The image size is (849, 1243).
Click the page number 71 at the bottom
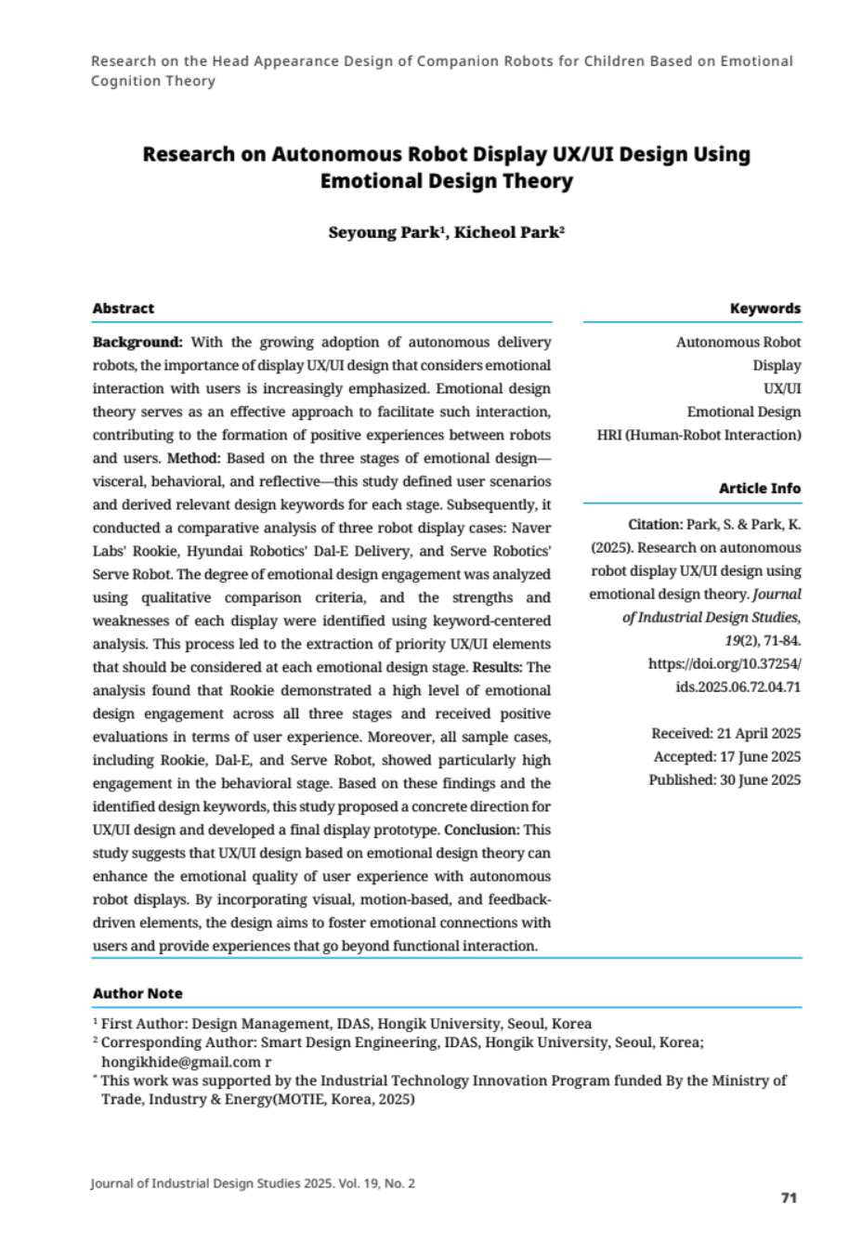click(x=789, y=1197)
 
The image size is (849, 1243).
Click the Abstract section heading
click(x=123, y=308)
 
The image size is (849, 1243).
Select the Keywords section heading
click(x=764, y=308)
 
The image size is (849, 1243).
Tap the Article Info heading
click(x=759, y=488)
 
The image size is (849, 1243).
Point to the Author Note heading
click(x=137, y=993)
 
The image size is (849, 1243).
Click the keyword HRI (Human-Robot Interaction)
click(x=699, y=435)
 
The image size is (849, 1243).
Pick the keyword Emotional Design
click(x=743, y=412)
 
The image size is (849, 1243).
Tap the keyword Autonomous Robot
click(x=738, y=342)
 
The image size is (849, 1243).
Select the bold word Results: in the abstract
click(x=499, y=667)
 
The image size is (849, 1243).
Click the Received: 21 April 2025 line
click(x=725, y=734)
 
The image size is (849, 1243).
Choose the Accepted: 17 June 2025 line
click(x=726, y=757)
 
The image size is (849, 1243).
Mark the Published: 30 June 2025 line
click(x=725, y=780)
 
